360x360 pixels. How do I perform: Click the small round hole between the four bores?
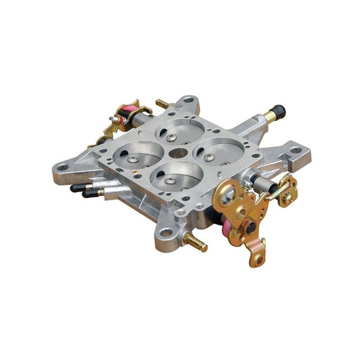point(178,153)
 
